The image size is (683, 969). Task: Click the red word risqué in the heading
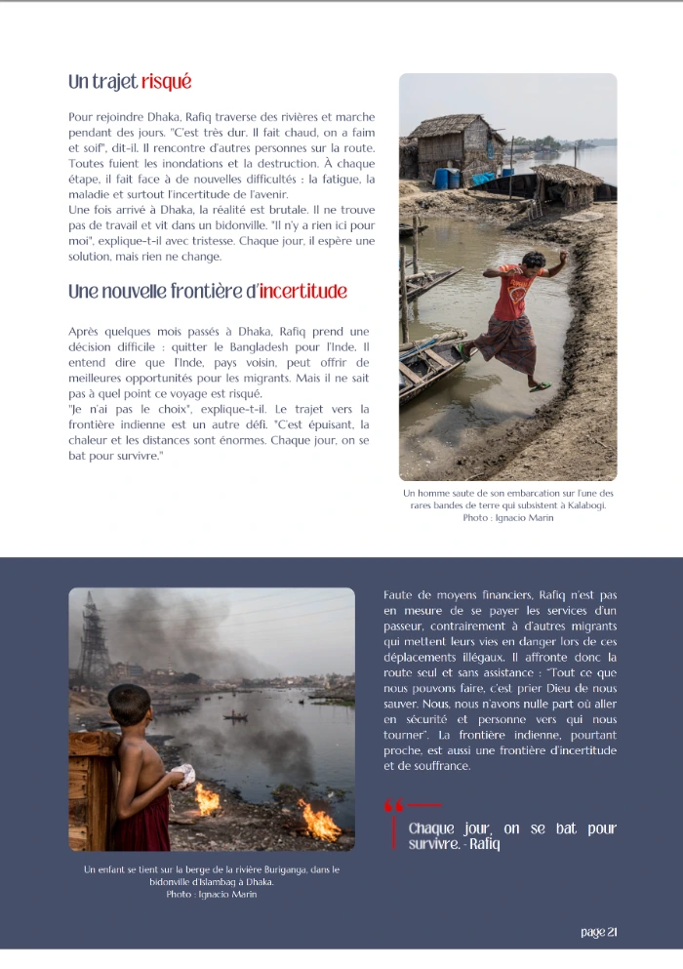click(x=166, y=82)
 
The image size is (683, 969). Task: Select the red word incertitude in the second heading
click(x=303, y=292)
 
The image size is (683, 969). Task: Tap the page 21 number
click(x=598, y=932)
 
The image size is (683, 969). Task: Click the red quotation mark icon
click(x=394, y=805)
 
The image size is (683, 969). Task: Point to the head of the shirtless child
click(x=128, y=704)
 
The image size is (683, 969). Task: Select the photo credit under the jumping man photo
click(x=507, y=518)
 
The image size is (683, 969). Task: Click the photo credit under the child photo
click(x=211, y=894)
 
